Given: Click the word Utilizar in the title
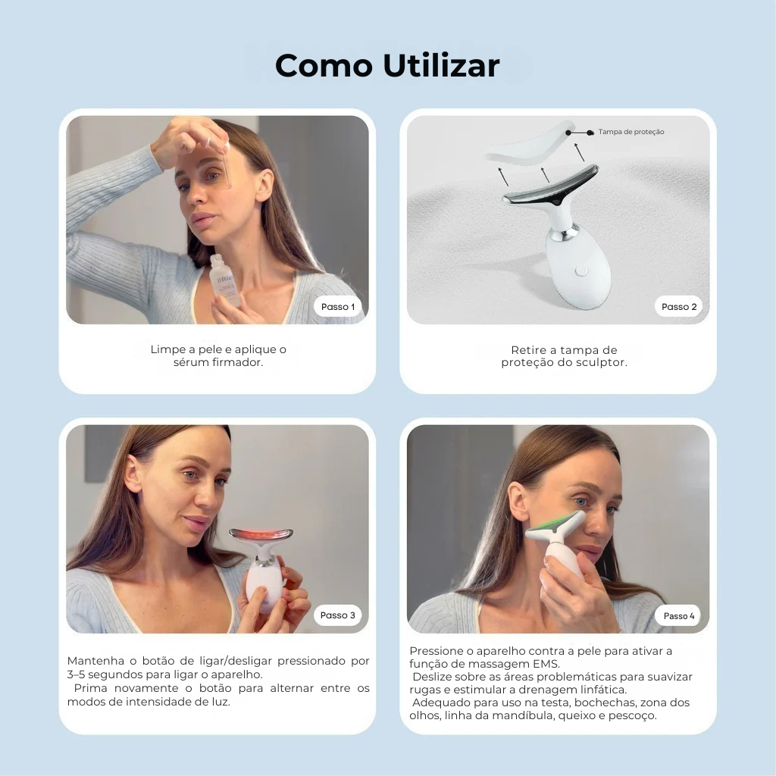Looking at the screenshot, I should [x=441, y=66].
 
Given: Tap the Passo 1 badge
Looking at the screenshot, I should [x=338, y=307].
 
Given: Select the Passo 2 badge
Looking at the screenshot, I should [x=678, y=307].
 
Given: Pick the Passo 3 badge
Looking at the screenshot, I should [x=338, y=615].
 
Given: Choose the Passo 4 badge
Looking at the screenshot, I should [x=678, y=616].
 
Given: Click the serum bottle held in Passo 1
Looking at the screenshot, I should [x=224, y=280].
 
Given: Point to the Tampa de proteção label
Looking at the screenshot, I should [x=630, y=132].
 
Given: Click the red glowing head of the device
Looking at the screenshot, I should [x=261, y=537].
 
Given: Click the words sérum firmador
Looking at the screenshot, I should [x=218, y=362].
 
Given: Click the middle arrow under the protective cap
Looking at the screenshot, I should [x=545, y=174].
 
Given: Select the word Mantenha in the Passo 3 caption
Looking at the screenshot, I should [x=94, y=661].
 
